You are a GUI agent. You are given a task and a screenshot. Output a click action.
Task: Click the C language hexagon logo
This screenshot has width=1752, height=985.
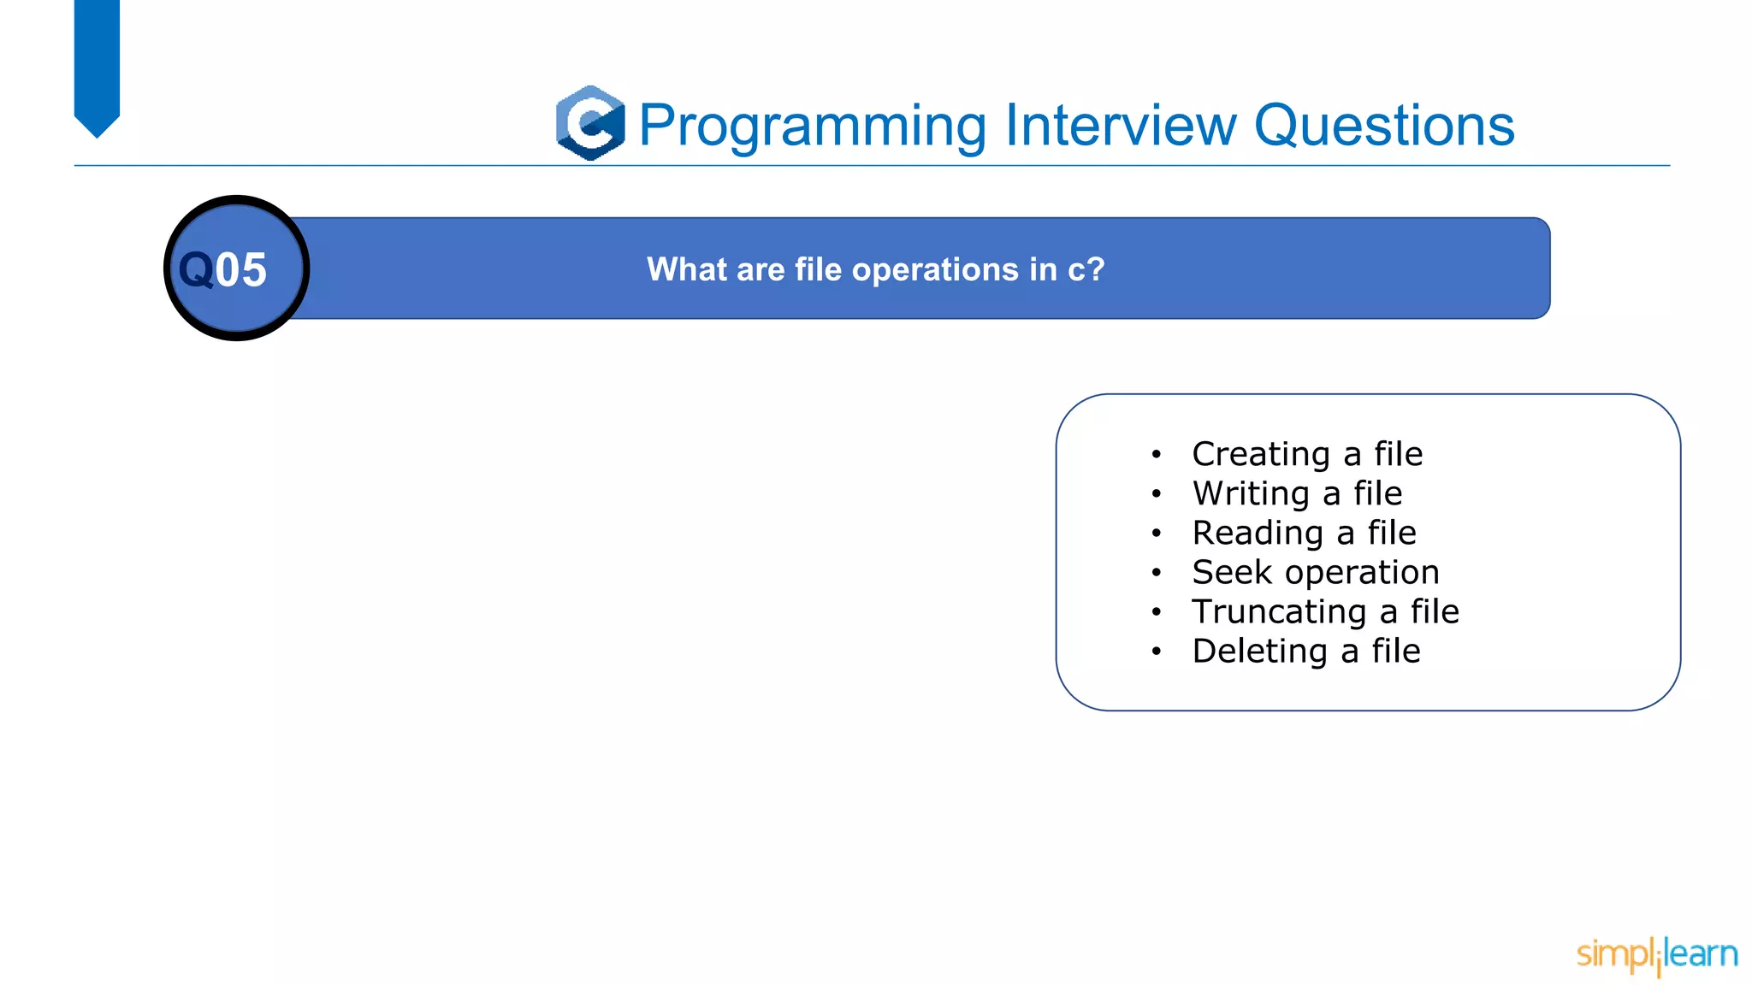coord(589,123)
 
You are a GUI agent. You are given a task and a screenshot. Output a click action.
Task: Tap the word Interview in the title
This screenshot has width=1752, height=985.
coord(1121,125)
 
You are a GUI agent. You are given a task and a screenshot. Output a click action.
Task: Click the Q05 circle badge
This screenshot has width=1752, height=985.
coord(236,268)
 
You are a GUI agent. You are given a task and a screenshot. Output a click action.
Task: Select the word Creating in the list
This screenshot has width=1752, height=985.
coord(1260,454)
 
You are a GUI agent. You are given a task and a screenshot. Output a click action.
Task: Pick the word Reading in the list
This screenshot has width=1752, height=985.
coord(1258,533)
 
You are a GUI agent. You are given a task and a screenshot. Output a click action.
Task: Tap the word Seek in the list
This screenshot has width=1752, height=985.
coord(1232,572)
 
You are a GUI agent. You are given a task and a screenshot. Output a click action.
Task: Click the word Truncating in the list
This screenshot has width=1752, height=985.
coord(1278,612)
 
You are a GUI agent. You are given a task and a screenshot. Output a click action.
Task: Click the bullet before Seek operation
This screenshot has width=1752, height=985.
coord(1156,573)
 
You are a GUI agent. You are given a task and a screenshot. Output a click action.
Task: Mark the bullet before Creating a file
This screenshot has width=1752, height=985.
coord(1156,455)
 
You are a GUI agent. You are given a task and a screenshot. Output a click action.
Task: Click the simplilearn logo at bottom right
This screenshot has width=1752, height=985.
coord(1656,954)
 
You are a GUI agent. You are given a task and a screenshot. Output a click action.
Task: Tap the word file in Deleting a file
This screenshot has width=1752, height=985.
coord(1396,652)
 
